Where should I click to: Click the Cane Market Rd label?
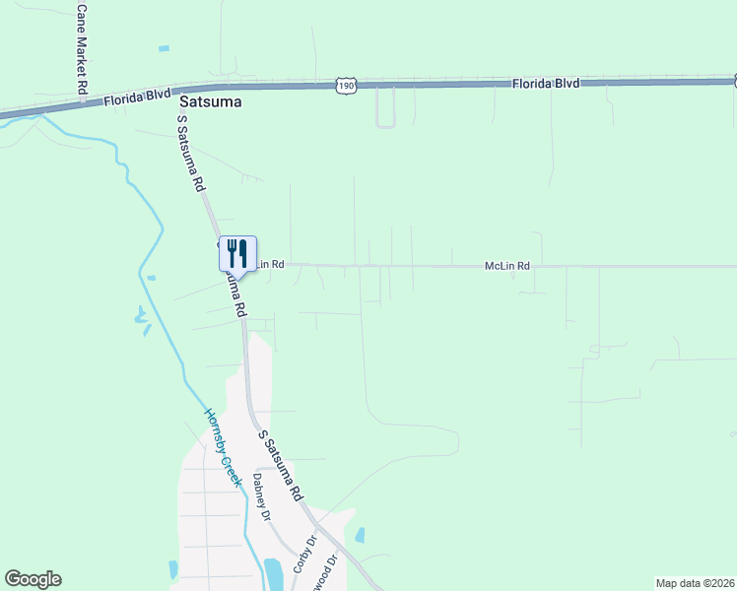click(x=82, y=48)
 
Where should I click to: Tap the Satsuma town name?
click(x=210, y=100)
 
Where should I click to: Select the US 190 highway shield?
click(x=345, y=87)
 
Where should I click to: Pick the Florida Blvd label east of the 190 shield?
click(x=545, y=84)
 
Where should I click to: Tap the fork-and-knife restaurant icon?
click(x=236, y=253)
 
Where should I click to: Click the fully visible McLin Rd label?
click(x=507, y=266)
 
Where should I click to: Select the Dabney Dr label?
click(x=261, y=496)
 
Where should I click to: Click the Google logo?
click(x=33, y=579)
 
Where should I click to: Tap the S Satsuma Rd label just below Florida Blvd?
click(x=191, y=154)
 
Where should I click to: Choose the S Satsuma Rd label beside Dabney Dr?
click(x=281, y=465)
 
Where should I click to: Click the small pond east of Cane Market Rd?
click(x=164, y=48)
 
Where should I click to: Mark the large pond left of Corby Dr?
click(x=273, y=573)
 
